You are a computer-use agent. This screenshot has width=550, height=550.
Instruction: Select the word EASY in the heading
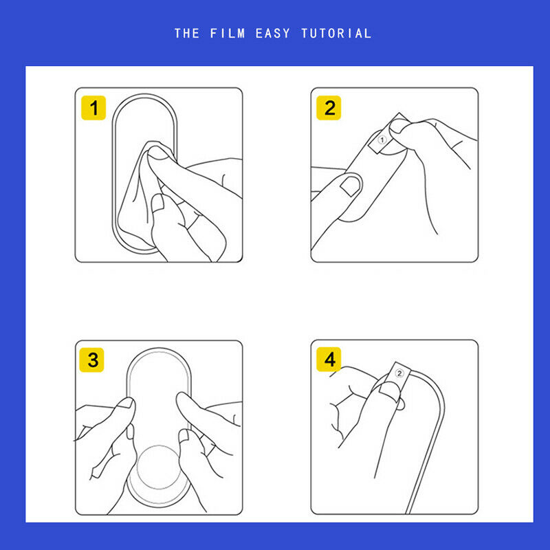[x=273, y=34]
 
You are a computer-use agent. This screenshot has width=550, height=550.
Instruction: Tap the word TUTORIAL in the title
[x=336, y=34]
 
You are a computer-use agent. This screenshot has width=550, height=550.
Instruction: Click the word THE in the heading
[x=187, y=34]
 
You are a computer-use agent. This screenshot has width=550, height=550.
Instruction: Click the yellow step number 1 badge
[x=93, y=108]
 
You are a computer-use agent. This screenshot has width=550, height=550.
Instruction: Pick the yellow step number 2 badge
[x=329, y=108]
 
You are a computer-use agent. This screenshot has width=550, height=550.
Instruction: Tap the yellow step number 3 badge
[x=91, y=360]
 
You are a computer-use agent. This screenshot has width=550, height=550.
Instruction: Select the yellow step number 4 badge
[x=329, y=359]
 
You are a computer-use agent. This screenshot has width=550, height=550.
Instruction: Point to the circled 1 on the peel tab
[x=382, y=140]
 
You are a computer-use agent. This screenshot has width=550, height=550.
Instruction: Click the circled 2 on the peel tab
[x=399, y=373]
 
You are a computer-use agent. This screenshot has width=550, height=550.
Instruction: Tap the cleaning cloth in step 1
[x=140, y=197]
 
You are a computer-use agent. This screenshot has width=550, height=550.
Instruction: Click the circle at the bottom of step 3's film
[x=159, y=467]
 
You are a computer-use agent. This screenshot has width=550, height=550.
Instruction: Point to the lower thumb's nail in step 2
[x=351, y=186]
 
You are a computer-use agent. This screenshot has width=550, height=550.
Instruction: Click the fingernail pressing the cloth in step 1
[x=158, y=153]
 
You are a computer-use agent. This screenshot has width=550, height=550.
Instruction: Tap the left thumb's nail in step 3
[x=126, y=403]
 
